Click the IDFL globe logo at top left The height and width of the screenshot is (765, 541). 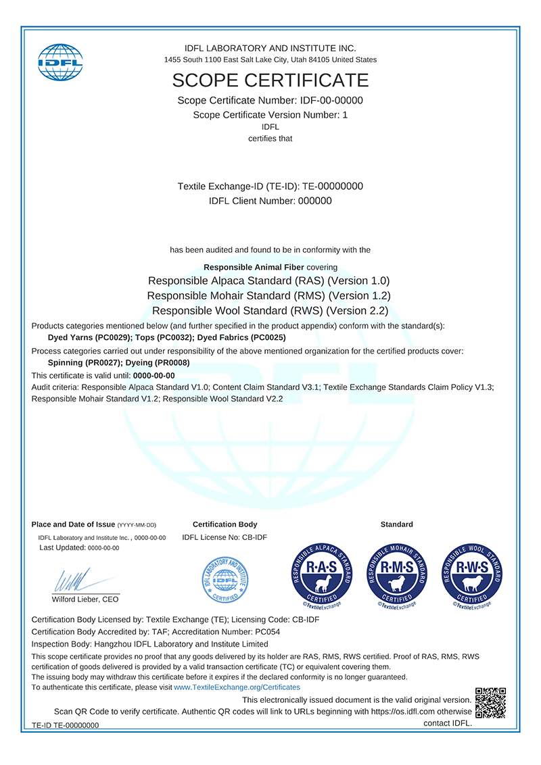coord(60,62)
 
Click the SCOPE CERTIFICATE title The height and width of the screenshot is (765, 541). coord(270,80)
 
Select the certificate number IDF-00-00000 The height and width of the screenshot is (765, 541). coord(331,101)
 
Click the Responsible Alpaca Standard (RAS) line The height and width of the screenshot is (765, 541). coord(269,280)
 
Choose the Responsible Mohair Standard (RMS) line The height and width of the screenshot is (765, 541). coord(269,295)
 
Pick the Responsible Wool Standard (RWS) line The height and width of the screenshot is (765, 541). coord(270,311)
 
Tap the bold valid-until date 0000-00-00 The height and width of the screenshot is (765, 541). coord(154,376)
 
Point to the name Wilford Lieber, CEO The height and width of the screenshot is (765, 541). coord(85,599)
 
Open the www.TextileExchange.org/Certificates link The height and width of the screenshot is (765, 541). coord(237,687)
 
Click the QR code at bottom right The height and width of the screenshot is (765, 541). coord(491,702)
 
